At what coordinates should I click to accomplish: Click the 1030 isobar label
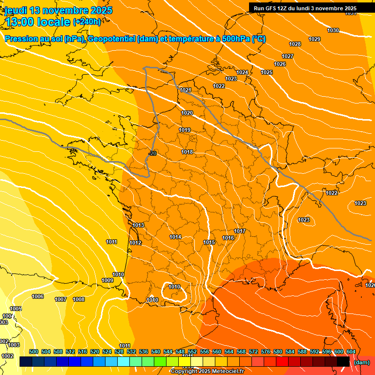coord(333,31)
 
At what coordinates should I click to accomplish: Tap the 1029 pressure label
coord(314,39)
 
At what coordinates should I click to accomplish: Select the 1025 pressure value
coord(267,73)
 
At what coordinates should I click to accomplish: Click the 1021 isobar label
coord(186,90)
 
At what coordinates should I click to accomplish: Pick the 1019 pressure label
coord(185,130)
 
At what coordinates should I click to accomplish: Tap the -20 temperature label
coord(152,154)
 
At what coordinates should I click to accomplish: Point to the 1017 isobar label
coord(240,231)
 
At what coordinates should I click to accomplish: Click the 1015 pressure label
coord(209,243)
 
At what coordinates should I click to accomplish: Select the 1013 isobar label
coord(138,226)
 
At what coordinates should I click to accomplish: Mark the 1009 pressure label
coord(107,281)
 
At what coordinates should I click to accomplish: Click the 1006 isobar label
coord(38,297)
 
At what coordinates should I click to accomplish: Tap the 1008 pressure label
coord(79,300)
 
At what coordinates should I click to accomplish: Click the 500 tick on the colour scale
coord(34,352)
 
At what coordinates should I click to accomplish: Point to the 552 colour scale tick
coord(192,352)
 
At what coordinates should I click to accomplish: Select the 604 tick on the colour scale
coord(351,352)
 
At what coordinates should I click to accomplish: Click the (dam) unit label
coord(361,362)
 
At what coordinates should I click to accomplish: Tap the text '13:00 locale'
coord(37,21)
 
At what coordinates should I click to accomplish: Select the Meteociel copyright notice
coord(207,372)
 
